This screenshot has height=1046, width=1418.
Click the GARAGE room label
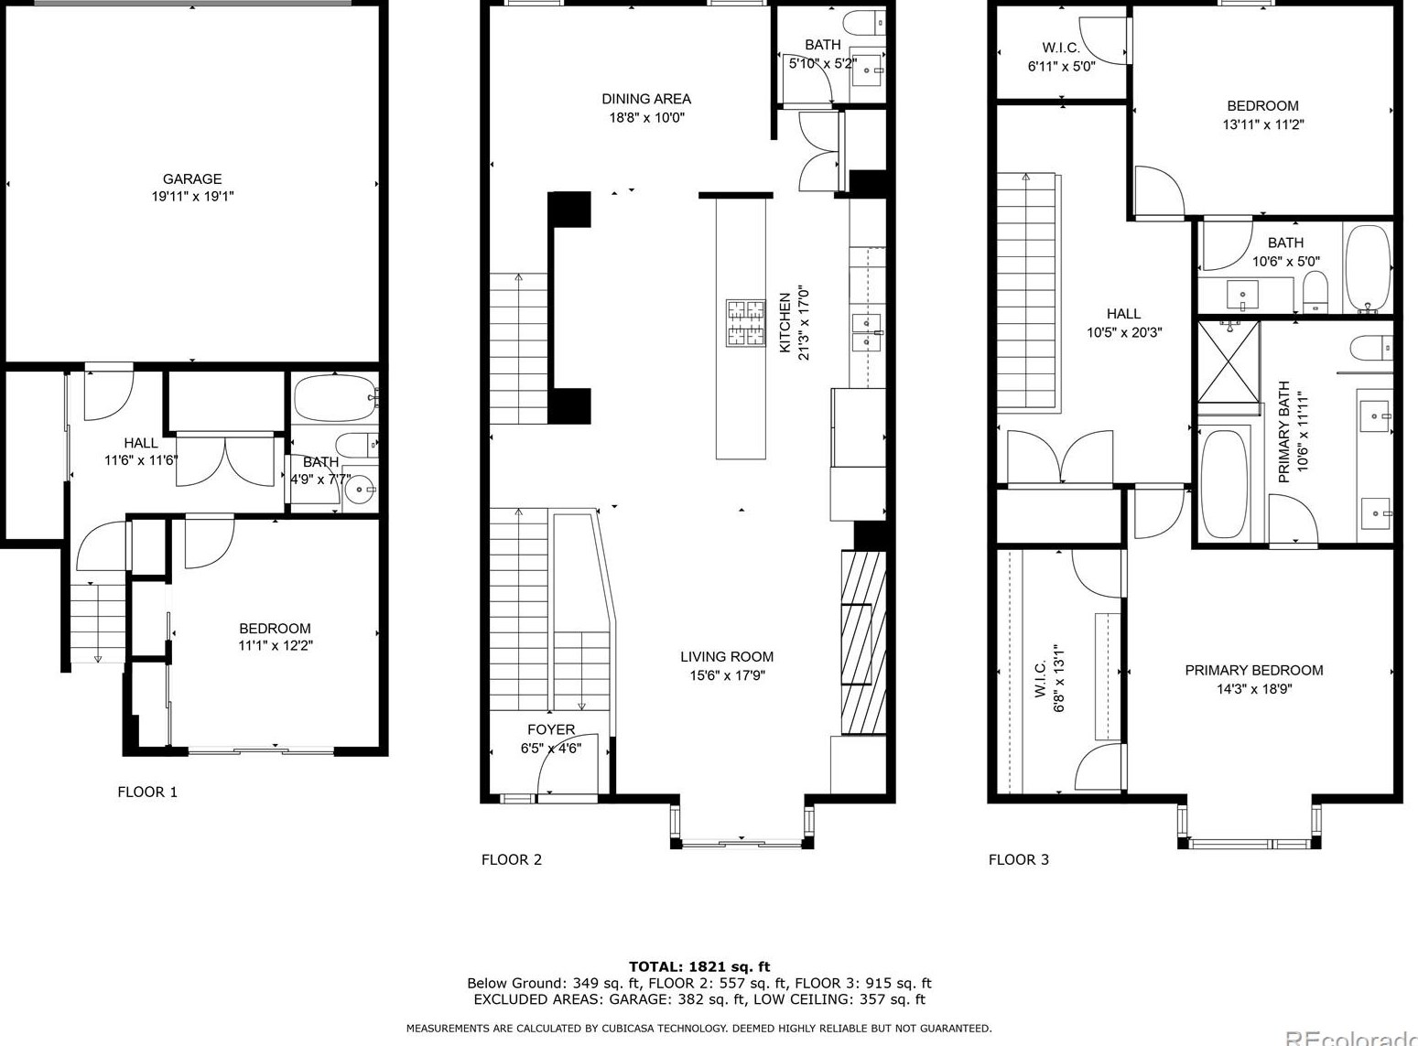coord(192,179)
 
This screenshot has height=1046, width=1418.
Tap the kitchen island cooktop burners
coord(745,323)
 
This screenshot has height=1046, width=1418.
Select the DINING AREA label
coord(646,99)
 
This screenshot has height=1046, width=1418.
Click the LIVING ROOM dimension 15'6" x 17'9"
coord(727,675)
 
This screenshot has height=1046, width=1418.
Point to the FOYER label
coord(551,729)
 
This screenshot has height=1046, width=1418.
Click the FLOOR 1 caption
coord(147,793)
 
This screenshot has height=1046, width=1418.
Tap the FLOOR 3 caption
coord(1019,860)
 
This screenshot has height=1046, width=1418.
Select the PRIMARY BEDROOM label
coord(1254,670)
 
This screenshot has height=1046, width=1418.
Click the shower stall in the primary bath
coord(1229,362)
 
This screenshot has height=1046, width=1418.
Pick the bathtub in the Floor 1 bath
coord(335,398)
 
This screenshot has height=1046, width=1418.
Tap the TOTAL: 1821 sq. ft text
coord(699,966)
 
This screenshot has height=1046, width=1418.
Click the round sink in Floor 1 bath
coord(359,490)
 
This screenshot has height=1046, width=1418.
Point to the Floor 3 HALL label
coord(1123,314)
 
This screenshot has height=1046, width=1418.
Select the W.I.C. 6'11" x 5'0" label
coord(1061,57)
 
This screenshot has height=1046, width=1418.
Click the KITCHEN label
coord(785,323)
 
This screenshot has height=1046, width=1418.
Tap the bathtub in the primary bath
coord(1224,484)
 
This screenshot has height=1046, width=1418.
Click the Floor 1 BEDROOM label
coord(275,629)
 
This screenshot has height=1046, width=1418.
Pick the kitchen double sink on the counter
coord(867,332)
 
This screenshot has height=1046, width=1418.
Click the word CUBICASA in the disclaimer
coord(631,1029)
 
